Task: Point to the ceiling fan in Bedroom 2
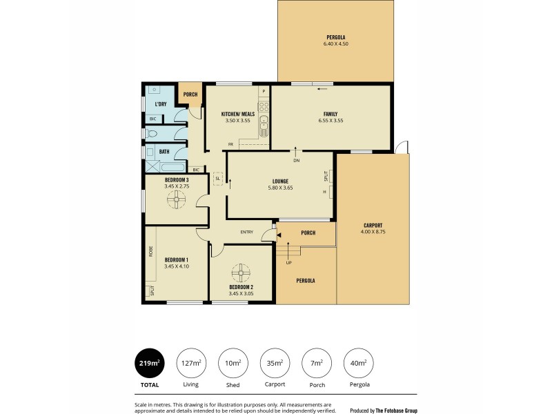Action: (x=241, y=270)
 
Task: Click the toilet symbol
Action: (x=153, y=134)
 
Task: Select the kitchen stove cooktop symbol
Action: (x=263, y=106)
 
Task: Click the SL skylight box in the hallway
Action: (x=217, y=177)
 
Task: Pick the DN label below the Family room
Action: (x=296, y=161)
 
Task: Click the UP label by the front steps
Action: (x=288, y=263)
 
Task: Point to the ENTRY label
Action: (x=247, y=233)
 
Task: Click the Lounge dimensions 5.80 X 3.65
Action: (x=279, y=188)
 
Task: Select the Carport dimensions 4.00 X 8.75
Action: (x=372, y=232)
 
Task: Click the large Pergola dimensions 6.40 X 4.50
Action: (x=336, y=44)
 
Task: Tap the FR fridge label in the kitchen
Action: (x=230, y=144)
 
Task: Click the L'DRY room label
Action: (x=160, y=104)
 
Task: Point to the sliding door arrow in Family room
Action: (x=322, y=88)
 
